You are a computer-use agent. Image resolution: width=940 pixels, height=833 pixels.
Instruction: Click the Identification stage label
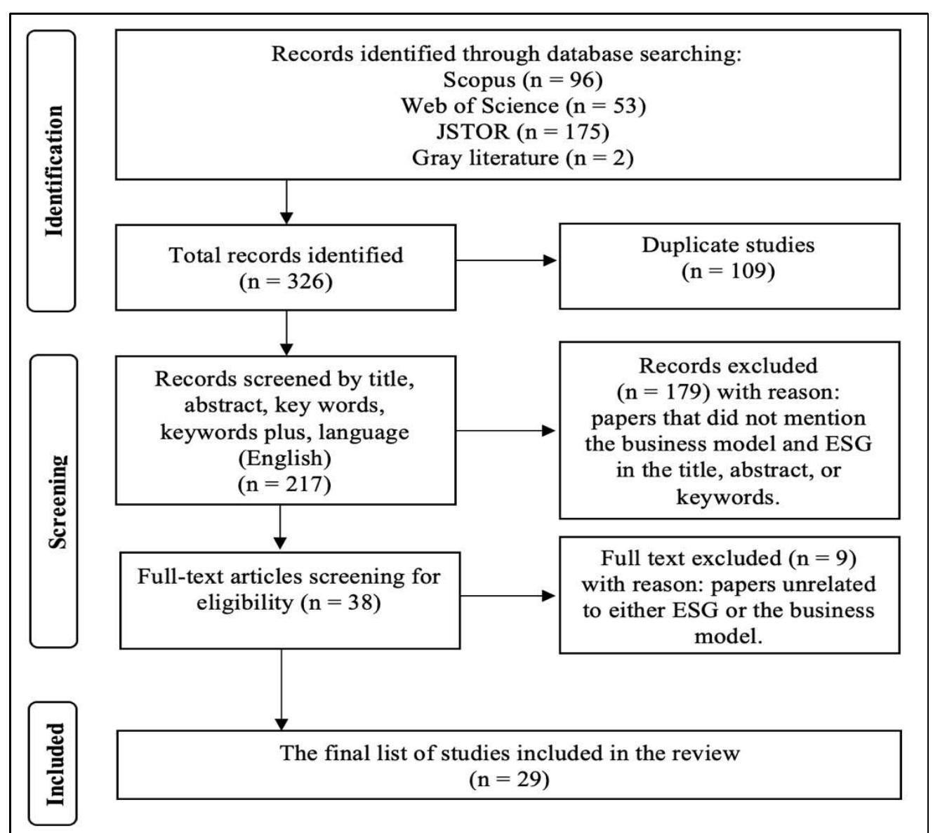pos(52,171)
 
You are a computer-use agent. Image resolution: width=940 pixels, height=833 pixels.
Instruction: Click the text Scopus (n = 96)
pos(522,79)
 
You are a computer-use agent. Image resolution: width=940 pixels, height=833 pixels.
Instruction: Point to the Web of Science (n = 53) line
pos(522,105)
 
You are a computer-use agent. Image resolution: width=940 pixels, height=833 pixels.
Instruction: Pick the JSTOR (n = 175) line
pos(522,131)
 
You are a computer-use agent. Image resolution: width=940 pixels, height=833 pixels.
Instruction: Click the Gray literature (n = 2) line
pos(522,157)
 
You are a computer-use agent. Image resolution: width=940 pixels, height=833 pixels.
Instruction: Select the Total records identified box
pos(286,267)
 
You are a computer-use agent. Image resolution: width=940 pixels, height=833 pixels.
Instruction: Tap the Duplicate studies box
pos(729,265)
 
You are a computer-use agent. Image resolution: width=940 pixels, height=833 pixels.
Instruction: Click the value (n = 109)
pos(728,272)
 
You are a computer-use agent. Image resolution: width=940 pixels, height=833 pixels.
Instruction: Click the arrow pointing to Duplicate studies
pos(507,260)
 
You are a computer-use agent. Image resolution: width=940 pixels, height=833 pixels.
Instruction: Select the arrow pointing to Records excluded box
pos(507,430)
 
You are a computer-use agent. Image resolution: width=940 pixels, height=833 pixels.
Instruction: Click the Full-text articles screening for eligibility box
pos(289,600)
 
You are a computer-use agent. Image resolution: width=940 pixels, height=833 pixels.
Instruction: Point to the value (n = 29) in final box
pos(509,779)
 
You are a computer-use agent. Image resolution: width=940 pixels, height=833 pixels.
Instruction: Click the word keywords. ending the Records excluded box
pos(728,497)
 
